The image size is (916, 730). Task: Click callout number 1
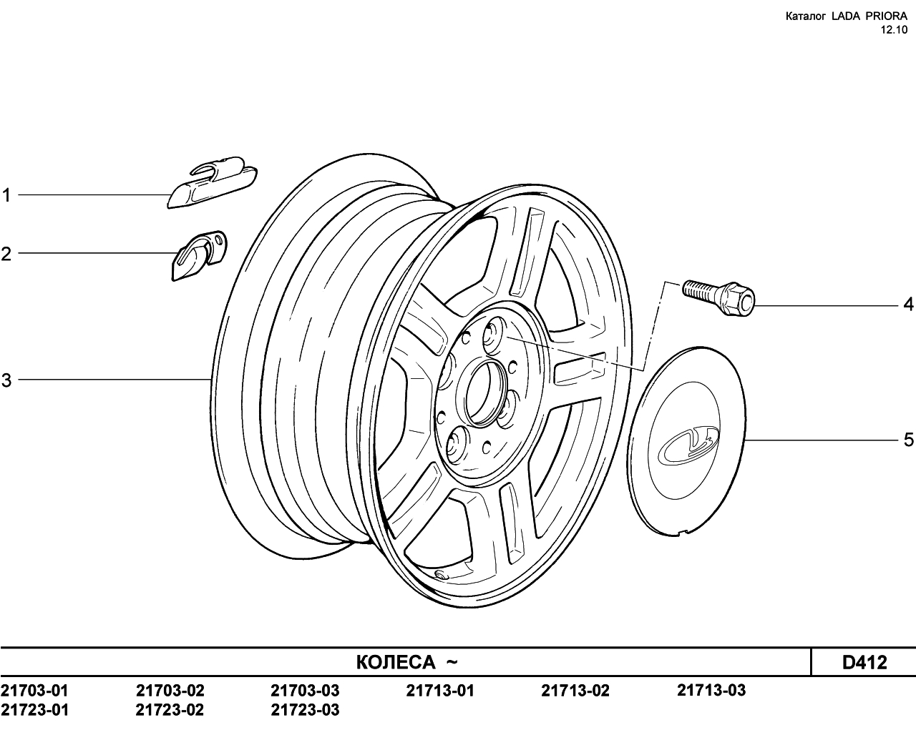point(6,195)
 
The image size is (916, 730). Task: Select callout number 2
point(6,254)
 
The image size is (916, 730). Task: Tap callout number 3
point(6,380)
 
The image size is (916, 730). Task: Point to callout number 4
point(908,304)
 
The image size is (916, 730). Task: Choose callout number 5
point(909,440)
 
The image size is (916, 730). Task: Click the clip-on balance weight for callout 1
point(213,182)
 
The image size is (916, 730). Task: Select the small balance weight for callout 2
point(199,256)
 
